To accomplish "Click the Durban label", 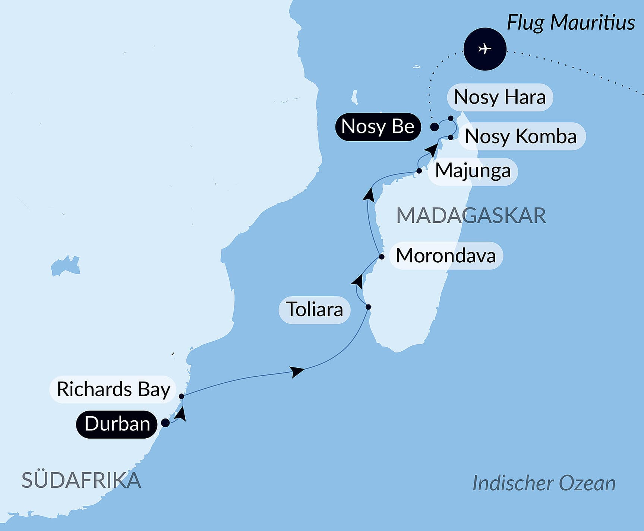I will pyautogui.click(x=117, y=424).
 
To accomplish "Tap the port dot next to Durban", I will pyautogui.click(x=165, y=423).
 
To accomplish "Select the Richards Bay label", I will pyautogui.click(x=113, y=389).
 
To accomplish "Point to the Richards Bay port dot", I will pyautogui.click(x=181, y=396).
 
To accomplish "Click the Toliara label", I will pyautogui.click(x=314, y=310).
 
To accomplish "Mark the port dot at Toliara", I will pyautogui.click(x=368, y=307).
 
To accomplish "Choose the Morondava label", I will pyautogui.click(x=446, y=256).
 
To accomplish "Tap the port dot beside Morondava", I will pyautogui.click(x=381, y=257).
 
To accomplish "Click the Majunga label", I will pyautogui.click(x=473, y=171).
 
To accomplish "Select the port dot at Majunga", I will pyautogui.click(x=419, y=171).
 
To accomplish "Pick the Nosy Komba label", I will pyautogui.click(x=521, y=136).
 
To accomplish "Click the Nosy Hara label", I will pyautogui.click(x=499, y=97).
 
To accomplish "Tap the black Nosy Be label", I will pyautogui.click(x=378, y=127).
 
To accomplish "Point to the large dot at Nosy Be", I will pyautogui.click(x=434, y=127).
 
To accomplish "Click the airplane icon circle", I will pyautogui.click(x=485, y=49).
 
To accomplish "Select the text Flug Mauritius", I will pyautogui.click(x=571, y=22).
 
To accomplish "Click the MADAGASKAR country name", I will pyautogui.click(x=471, y=215).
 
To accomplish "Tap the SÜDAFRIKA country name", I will pyautogui.click(x=81, y=480).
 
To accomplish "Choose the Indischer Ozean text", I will pyautogui.click(x=544, y=483).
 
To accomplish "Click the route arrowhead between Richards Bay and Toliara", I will pyautogui.click(x=297, y=371).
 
